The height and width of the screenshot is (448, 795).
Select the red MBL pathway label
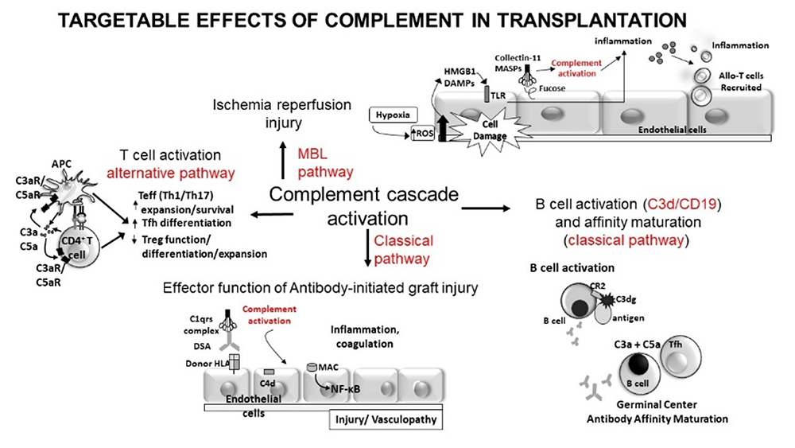click(318, 162)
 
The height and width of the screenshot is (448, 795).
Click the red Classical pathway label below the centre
click(402, 248)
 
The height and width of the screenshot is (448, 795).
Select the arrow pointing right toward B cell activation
click(487, 208)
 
